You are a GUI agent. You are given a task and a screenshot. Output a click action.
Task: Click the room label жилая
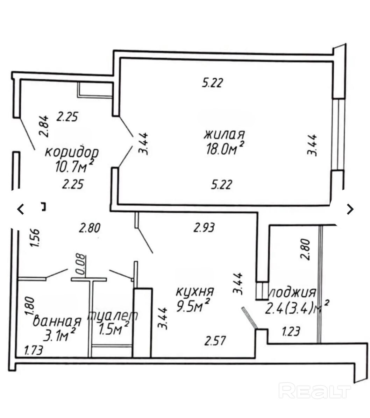[225, 135]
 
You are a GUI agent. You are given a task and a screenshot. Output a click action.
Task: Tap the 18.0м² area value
[225, 149]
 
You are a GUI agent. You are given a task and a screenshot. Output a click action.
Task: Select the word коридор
[72, 153]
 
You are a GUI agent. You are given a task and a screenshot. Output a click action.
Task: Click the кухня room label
[194, 291]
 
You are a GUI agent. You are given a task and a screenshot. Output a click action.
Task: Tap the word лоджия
[292, 292]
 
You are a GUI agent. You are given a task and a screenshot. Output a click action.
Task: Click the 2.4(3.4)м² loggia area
[297, 308]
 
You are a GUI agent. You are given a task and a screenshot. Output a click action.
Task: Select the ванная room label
[57, 321]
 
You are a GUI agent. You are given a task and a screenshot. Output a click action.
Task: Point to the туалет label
[112, 316]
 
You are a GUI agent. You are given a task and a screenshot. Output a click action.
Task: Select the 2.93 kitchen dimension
[204, 228]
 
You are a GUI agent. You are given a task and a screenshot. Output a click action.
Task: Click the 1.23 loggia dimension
[291, 331]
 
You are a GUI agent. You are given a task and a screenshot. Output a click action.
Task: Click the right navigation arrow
[350, 209]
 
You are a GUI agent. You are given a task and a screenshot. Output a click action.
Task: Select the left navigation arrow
[21, 209]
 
